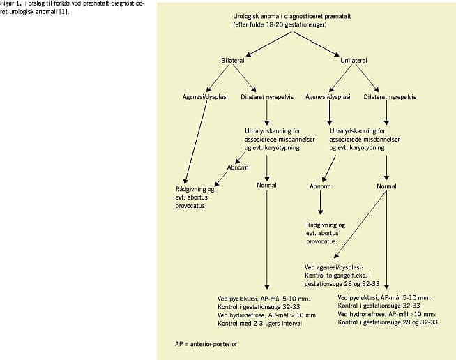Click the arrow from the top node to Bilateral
[x=258, y=43]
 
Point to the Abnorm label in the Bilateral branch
[x=238, y=167]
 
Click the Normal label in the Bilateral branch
[x=267, y=186]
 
